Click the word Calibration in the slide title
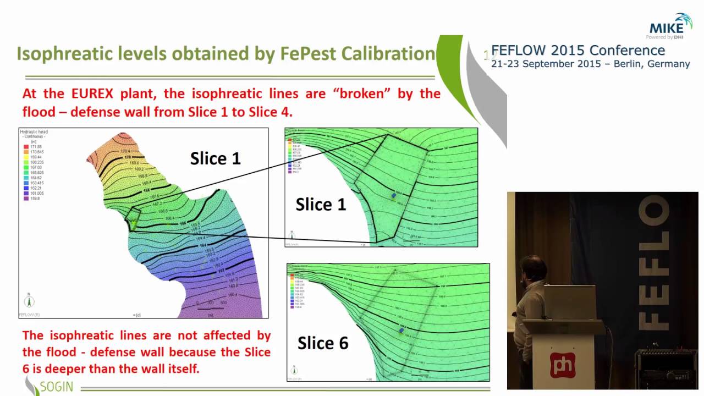coord(388,54)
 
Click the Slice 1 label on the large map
coord(215,159)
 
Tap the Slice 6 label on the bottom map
coord(323,343)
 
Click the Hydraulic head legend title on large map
coord(34,133)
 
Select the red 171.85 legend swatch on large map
coord(26,147)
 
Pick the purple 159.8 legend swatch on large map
coord(26,199)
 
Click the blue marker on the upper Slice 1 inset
coord(393,195)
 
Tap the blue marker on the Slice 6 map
coord(402,330)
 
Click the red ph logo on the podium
coord(563,365)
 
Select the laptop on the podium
coord(569,302)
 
